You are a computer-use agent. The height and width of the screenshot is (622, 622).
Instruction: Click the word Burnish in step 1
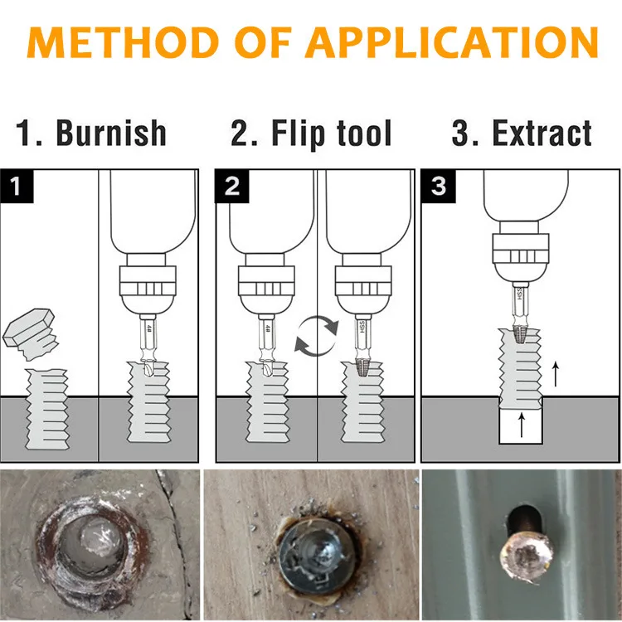[x=110, y=134]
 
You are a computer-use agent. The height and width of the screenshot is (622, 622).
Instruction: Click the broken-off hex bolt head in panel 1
[x=30, y=330]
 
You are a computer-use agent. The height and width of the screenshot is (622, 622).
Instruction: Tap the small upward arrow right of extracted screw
[x=555, y=374]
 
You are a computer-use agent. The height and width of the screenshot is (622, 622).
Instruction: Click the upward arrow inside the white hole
[x=521, y=425]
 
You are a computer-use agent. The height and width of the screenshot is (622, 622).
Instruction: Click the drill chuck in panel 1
[x=148, y=287]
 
